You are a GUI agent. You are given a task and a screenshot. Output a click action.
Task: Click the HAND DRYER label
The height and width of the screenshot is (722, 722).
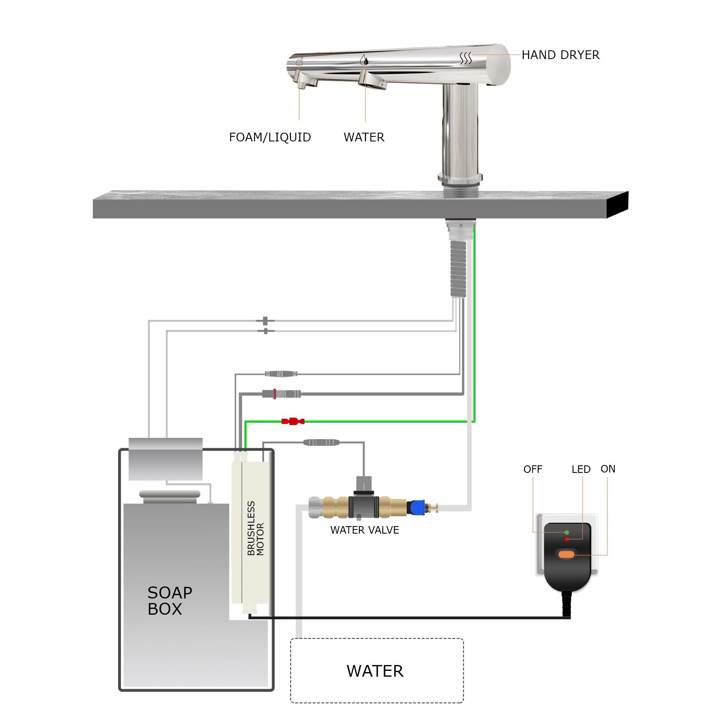tap(560, 55)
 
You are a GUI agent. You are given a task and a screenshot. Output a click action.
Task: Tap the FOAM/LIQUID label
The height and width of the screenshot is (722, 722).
tap(270, 137)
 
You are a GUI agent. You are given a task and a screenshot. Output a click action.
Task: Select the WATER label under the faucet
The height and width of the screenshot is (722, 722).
tap(364, 137)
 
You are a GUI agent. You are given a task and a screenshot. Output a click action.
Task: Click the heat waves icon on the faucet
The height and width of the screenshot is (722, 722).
tap(465, 59)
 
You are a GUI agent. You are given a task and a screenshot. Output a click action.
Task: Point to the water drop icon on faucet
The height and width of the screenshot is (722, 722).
tap(365, 61)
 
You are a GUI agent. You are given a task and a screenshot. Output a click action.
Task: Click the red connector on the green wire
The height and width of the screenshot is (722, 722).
tap(293, 421)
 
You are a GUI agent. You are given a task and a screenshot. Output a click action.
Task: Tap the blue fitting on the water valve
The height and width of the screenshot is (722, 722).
tap(416, 507)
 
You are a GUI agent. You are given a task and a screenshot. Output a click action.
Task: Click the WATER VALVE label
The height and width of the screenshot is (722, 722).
tap(364, 530)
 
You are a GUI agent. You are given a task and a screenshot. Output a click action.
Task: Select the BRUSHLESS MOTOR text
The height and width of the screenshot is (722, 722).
tap(255, 528)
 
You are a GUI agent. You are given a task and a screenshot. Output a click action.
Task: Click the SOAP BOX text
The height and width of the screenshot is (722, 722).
tap(169, 601)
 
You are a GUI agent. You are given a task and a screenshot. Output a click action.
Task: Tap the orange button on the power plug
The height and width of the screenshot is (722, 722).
tap(566, 554)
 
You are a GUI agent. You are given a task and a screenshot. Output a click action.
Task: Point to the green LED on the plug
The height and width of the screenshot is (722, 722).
tap(566, 532)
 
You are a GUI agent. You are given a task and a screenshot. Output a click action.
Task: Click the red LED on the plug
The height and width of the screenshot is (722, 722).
tap(566, 539)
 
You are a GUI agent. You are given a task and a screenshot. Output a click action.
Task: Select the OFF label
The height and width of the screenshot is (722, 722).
tap(533, 469)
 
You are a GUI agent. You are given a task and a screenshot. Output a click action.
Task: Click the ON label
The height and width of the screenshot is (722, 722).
tap(608, 469)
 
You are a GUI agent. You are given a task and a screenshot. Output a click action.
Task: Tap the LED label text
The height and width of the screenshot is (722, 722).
tap(581, 469)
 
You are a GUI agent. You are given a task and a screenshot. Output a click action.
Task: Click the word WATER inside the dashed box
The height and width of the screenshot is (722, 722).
tap(375, 671)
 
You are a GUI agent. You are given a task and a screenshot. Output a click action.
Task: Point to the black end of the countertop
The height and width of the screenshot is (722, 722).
tap(617, 204)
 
